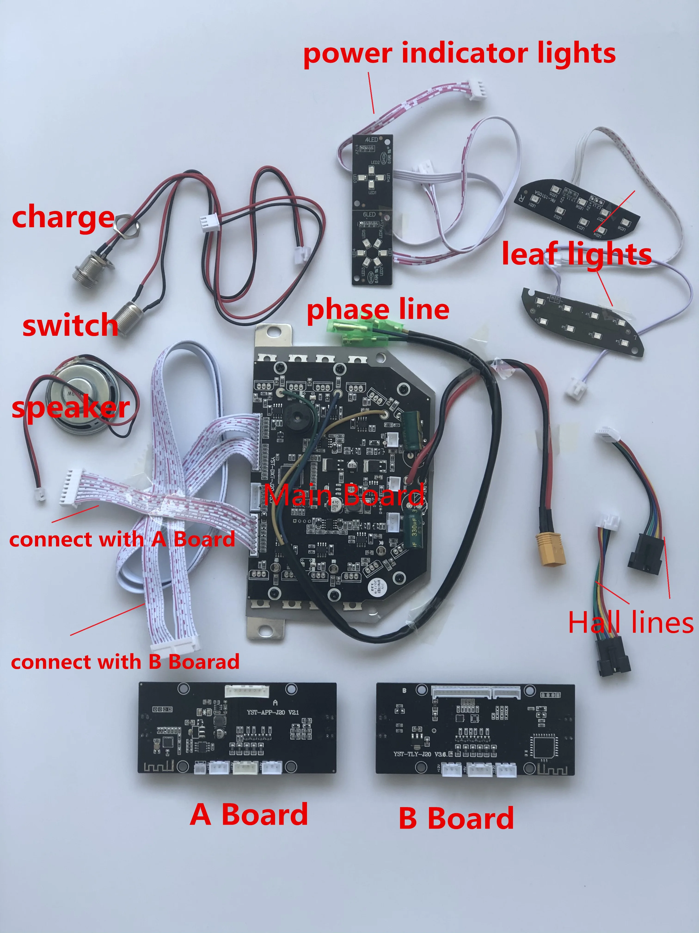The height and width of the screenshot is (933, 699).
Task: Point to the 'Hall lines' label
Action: (630, 622)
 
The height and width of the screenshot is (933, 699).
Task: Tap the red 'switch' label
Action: (70, 325)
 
